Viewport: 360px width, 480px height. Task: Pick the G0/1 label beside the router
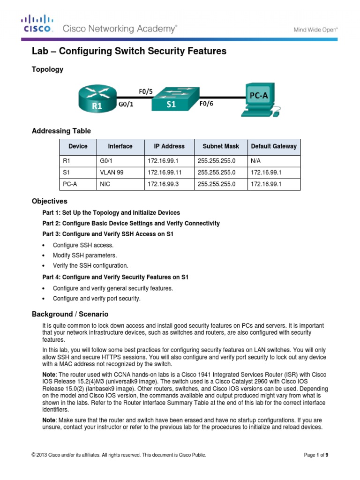[125, 105]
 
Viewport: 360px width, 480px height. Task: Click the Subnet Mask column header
[220, 146]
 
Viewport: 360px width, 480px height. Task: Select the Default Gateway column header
[274, 146]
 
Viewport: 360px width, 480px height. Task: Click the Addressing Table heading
[61, 131]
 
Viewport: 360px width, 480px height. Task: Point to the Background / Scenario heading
[70, 314]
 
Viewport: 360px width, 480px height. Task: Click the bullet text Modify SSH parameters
[85, 255]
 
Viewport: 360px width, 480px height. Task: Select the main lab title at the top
[129, 52]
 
